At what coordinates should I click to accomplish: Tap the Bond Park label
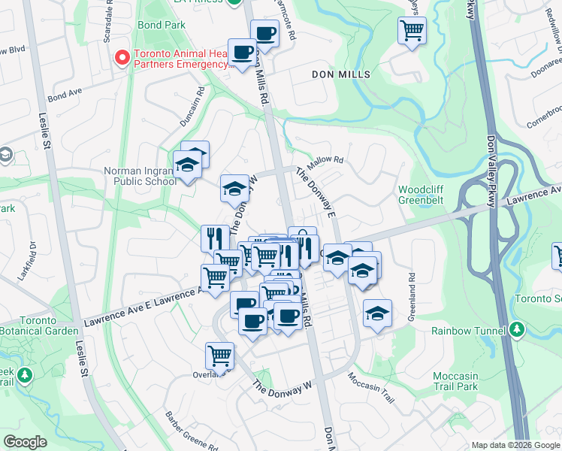pos(162,25)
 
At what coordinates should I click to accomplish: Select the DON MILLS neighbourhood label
pos(342,75)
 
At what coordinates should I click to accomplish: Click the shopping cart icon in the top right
pos(412,31)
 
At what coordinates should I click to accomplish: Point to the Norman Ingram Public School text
pos(140,176)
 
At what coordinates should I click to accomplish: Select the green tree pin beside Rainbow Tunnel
pos(516,329)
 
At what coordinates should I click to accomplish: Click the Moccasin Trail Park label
pos(455,381)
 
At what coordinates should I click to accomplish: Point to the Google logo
pos(25,442)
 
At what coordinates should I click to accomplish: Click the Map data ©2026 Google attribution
pos(515,445)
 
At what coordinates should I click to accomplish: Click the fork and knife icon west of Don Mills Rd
pos(215,238)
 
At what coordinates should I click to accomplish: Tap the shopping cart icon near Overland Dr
pos(219,355)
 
